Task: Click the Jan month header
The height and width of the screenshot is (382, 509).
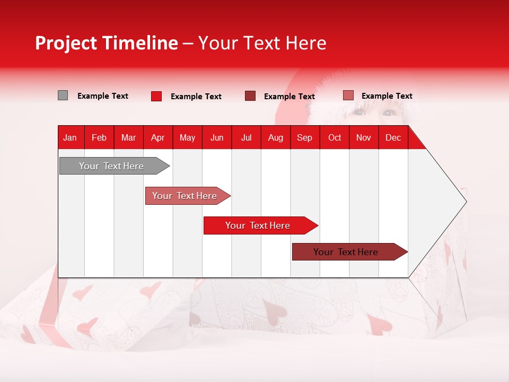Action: tap(70, 137)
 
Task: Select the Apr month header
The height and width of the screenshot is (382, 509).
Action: tap(157, 137)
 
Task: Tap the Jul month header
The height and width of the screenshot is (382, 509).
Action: tap(246, 137)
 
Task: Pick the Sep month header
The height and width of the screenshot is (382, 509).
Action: tap(304, 137)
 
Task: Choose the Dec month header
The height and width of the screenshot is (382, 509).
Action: tap(393, 137)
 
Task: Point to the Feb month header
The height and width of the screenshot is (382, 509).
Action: tap(99, 137)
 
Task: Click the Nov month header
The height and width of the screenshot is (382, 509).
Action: tap(364, 137)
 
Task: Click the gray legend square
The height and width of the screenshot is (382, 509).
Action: tap(63, 95)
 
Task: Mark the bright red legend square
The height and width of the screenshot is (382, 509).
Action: tap(156, 96)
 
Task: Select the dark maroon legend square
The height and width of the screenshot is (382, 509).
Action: tap(250, 96)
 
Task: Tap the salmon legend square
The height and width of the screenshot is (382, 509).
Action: tap(348, 95)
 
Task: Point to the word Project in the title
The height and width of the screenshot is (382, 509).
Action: tap(66, 43)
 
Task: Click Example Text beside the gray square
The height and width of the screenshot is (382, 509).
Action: tap(103, 96)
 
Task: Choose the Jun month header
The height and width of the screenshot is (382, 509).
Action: tap(217, 137)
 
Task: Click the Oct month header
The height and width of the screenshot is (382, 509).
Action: tap(335, 137)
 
